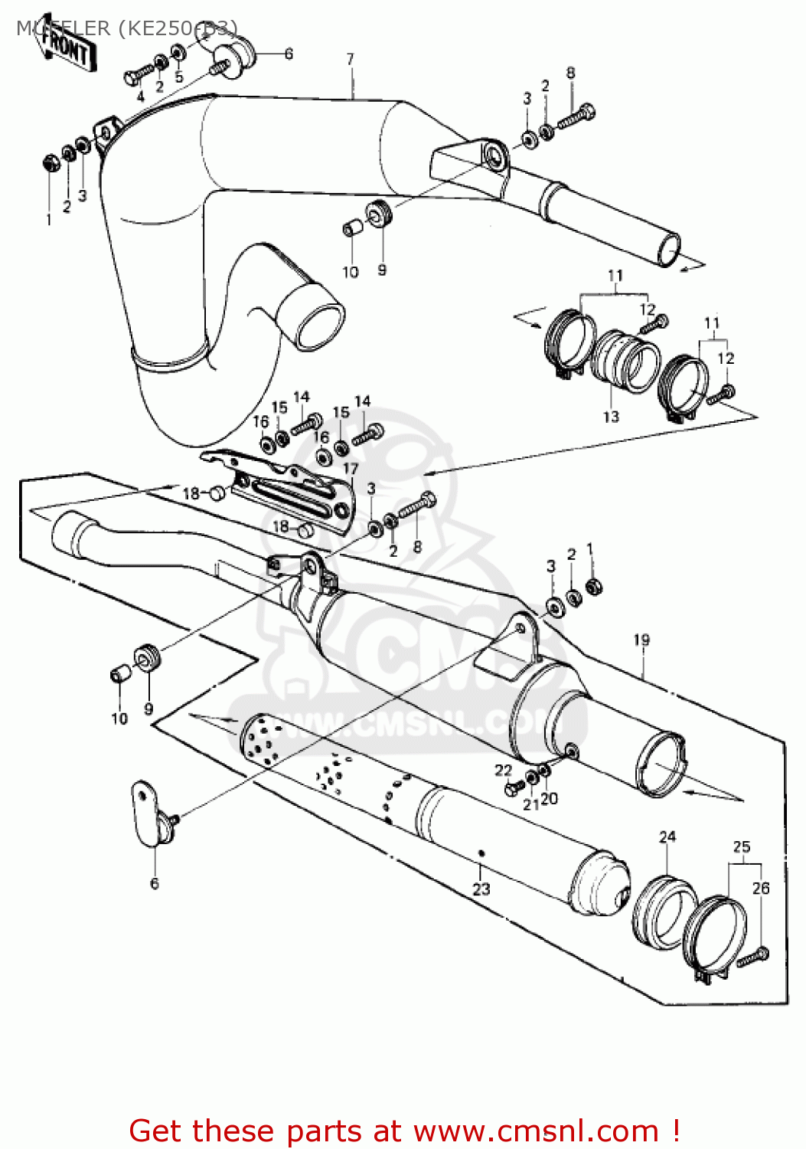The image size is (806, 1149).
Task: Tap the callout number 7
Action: (351, 59)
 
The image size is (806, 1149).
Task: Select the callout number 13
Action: (611, 417)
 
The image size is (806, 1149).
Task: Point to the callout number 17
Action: (351, 469)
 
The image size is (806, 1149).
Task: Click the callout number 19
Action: (641, 640)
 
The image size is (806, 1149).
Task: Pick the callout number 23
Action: (481, 889)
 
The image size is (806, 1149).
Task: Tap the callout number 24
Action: (667, 836)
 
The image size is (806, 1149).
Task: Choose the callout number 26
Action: (761, 888)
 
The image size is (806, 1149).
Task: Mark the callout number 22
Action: (503, 770)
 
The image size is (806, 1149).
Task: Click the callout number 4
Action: (140, 97)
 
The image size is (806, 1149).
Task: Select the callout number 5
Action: (178, 77)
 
